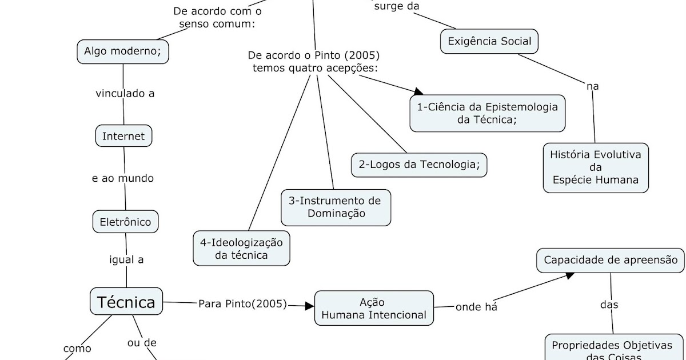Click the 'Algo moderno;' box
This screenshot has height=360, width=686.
tap(123, 51)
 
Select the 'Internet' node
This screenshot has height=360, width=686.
tap(123, 136)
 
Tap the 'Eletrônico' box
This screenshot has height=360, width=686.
tap(125, 222)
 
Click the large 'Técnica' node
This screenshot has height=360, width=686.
tap(126, 301)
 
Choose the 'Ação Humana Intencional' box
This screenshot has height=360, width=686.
tap(374, 309)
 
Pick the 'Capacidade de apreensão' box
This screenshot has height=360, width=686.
tap(610, 260)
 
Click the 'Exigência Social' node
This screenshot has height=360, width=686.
tap(489, 41)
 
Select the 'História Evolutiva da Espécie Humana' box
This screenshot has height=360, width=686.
tap(595, 167)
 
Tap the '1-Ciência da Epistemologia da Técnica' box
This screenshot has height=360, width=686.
tap(487, 113)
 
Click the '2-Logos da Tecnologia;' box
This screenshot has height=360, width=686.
tap(419, 165)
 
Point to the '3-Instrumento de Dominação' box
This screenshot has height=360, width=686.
tap(336, 207)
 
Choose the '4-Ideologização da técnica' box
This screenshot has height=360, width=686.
tap(241, 248)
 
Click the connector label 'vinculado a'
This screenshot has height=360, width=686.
tap(125, 94)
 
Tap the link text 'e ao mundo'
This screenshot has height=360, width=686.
tap(122, 178)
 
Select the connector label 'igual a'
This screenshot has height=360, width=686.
tap(126, 259)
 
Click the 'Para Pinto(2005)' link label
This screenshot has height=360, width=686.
tap(242, 303)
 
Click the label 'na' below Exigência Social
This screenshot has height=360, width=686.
tap(592, 86)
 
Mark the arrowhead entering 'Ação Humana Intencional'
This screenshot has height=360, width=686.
tap(309, 306)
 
